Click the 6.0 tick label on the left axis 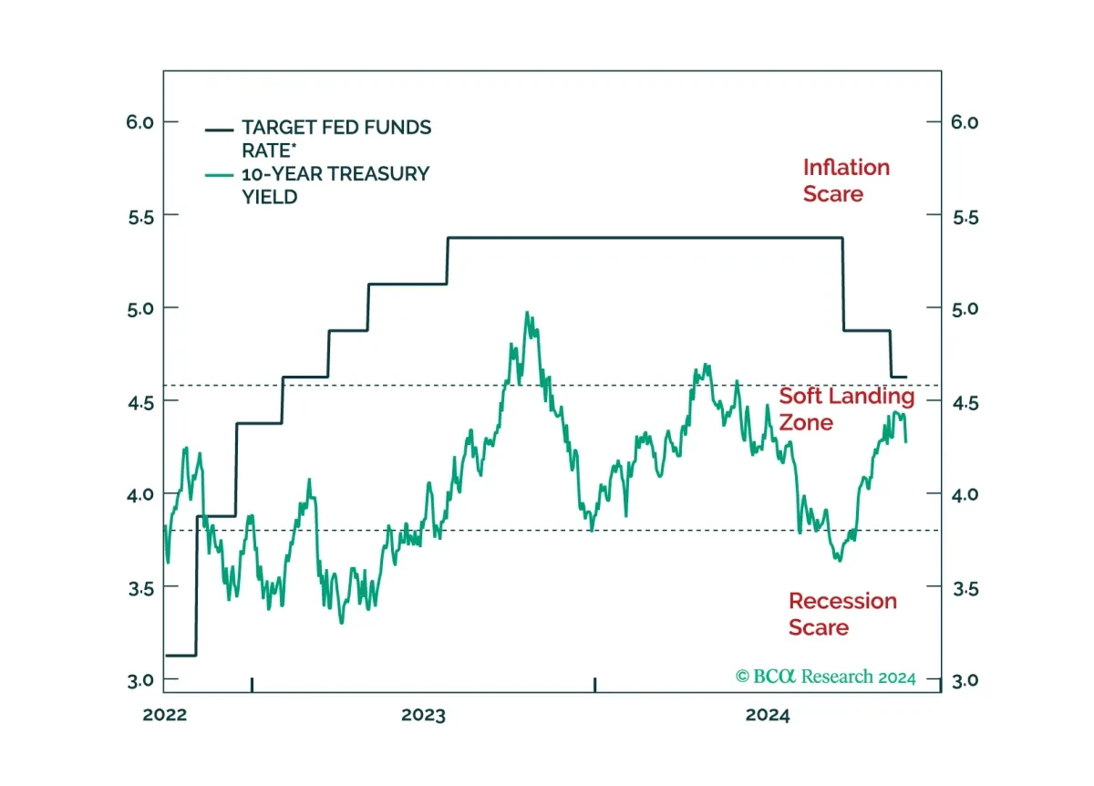click(x=140, y=122)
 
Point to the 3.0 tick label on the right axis click(x=965, y=680)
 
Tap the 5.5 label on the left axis click(x=140, y=217)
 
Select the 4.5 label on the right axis click(x=965, y=404)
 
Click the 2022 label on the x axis click(x=165, y=715)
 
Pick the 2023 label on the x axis click(x=423, y=715)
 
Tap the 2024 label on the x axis click(x=768, y=715)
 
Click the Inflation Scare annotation click(x=846, y=181)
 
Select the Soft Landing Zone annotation click(x=846, y=409)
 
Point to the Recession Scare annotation click(x=842, y=614)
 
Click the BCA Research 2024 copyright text click(x=825, y=677)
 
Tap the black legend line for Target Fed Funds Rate click(x=219, y=130)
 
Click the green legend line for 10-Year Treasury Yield click(x=219, y=175)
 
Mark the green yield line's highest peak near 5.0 click(x=527, y=312)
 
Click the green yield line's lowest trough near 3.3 click(x=341, y=623)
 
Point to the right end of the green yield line click(x=906, y=442)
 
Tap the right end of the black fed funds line click(x=906, y=377)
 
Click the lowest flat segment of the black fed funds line click(x=181, y=656)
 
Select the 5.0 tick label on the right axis click(x=965, y=309)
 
